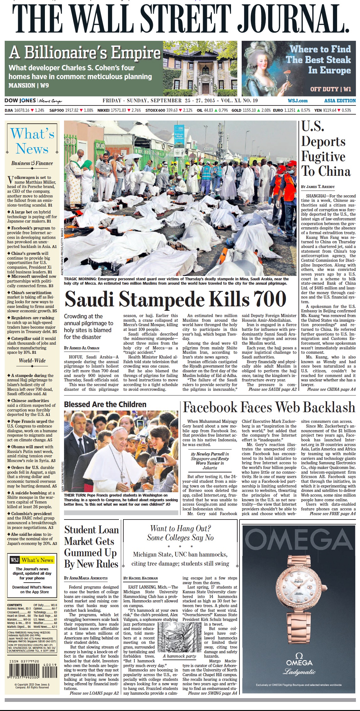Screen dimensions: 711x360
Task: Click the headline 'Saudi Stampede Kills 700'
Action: [175, 299]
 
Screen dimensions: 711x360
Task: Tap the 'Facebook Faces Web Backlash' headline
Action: [269, 407]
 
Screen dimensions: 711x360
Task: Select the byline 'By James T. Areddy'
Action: [318, 186]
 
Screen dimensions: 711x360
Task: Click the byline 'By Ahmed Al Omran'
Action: [82, 348]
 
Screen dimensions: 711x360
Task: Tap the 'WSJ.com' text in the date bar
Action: [298, 101]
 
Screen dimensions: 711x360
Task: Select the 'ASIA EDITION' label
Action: [340, 101]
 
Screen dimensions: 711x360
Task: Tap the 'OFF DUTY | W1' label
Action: [330, 89]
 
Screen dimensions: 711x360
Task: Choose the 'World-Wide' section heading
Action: [32, 360]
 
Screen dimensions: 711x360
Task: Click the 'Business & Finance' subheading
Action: [32, 163]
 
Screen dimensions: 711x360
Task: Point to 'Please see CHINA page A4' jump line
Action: [331, 389]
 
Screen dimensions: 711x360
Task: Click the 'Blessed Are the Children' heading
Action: [105, 405]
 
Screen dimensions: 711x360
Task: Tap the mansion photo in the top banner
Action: [200, 68]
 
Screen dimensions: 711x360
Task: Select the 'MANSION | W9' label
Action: [29, 85]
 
